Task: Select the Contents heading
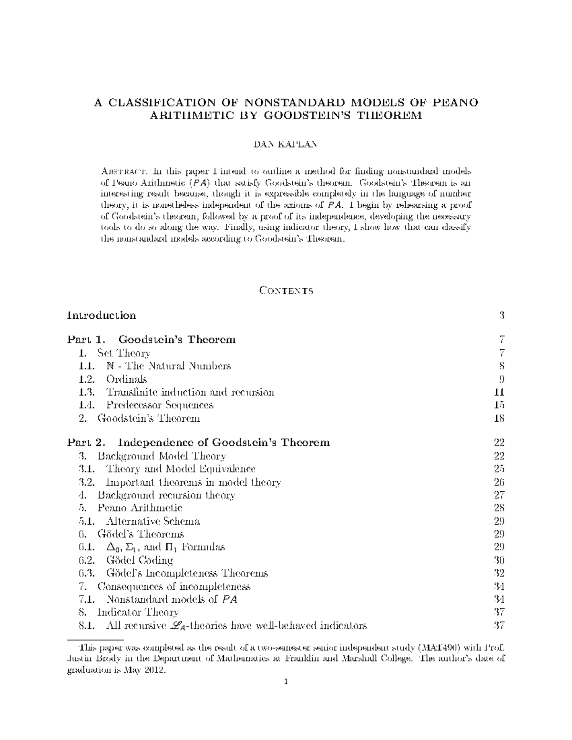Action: [286, 291]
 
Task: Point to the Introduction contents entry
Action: [102, 315]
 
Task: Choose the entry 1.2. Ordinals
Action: [126, 379]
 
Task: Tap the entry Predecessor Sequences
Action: [160, 405]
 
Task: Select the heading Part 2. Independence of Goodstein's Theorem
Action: [198, 443]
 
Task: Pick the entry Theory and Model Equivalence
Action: [181, 469]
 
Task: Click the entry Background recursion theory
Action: [166, 495]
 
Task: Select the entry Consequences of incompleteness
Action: [174, 587]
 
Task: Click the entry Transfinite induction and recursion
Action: [190, 393]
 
